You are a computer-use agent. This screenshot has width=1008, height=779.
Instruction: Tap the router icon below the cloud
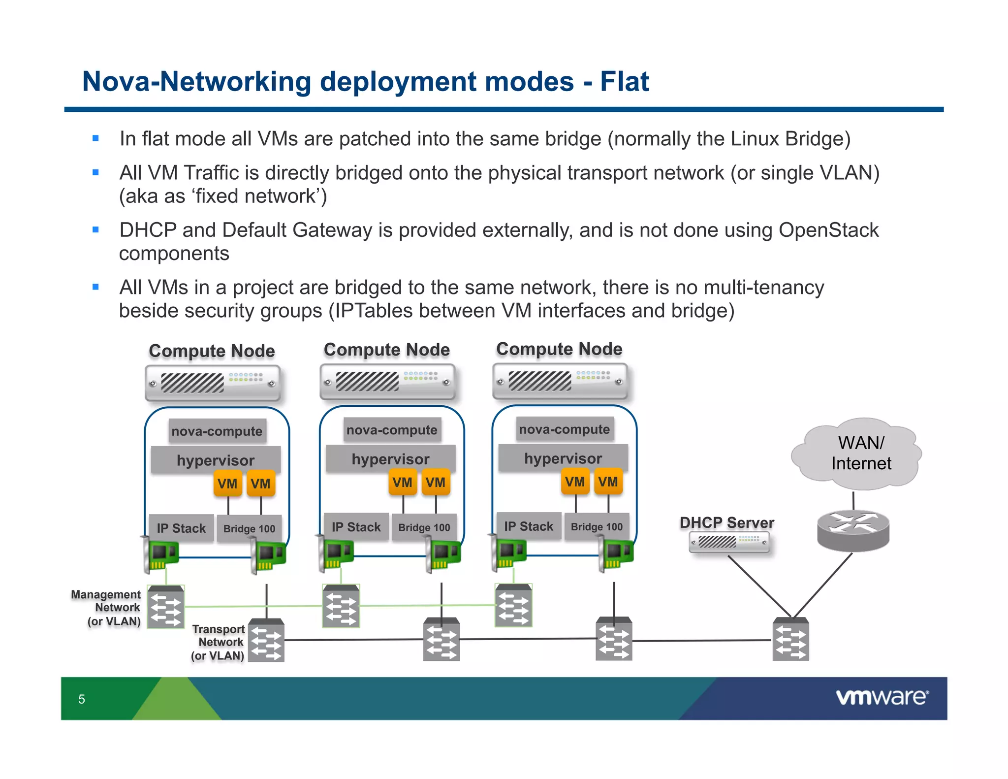[853, 531]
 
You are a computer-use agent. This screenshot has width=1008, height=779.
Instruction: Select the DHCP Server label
[727, 522]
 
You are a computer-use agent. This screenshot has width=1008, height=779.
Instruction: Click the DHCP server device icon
[729, 542]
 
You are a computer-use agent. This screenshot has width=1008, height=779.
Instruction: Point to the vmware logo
[882, 697]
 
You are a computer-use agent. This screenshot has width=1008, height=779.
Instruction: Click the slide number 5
[82, 699]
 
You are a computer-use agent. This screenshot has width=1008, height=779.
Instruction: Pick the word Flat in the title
[625, 81]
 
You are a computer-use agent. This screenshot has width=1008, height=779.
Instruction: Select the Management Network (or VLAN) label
[106, 608]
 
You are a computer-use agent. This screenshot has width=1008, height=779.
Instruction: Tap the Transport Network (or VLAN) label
[218, 642]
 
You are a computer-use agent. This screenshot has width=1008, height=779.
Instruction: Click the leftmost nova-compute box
[217, 431]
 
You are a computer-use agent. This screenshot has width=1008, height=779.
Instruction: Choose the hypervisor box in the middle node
[391, 459]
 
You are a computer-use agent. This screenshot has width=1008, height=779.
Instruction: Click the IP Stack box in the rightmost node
[529, 526]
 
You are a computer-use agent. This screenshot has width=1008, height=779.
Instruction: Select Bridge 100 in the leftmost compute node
[249, 528]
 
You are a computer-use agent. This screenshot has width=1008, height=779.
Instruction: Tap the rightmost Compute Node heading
[559, 349]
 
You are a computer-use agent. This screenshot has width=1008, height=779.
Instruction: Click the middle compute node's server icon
[387, 382]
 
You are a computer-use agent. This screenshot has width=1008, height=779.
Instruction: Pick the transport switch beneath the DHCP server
[790, 639]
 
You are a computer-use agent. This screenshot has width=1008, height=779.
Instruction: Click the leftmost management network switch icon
[166, 607]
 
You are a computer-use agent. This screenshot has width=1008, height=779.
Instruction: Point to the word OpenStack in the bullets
[828, 230]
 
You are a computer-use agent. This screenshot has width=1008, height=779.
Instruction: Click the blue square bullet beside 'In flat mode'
[95, 139]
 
